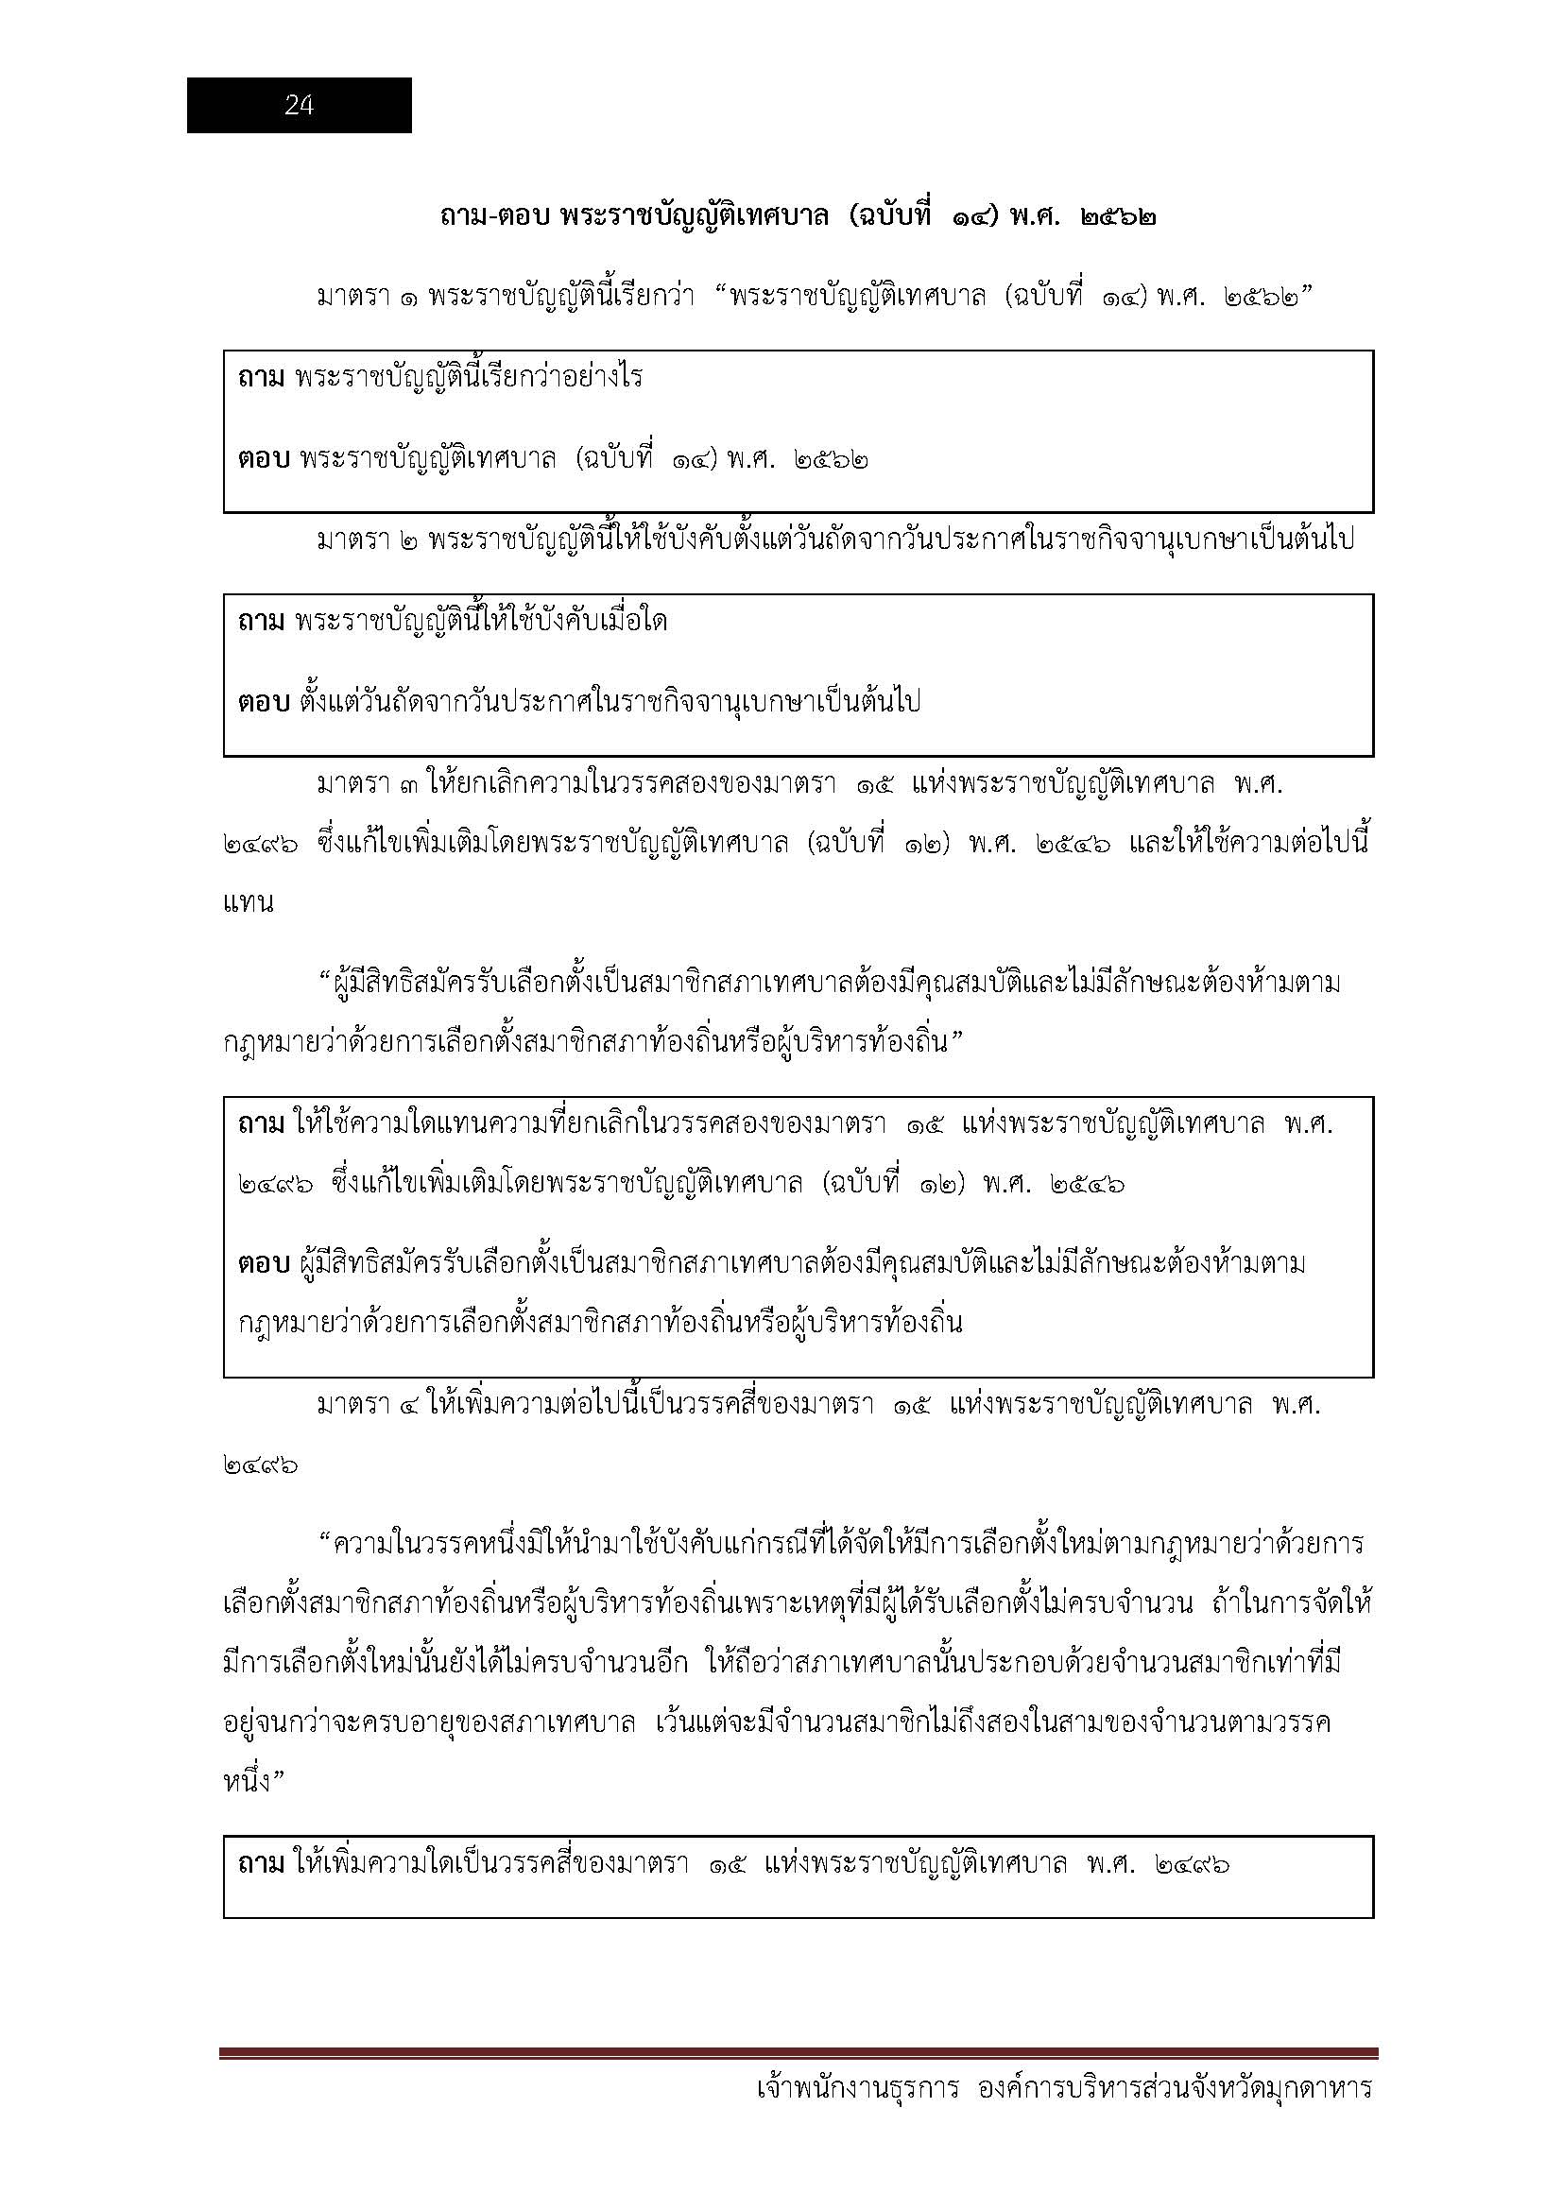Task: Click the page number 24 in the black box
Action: [300, 106]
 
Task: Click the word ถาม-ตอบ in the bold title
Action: [481, 215]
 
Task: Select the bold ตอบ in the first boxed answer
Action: [263, 459]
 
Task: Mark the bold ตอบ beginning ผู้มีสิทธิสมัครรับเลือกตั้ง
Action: [263, 1262]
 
